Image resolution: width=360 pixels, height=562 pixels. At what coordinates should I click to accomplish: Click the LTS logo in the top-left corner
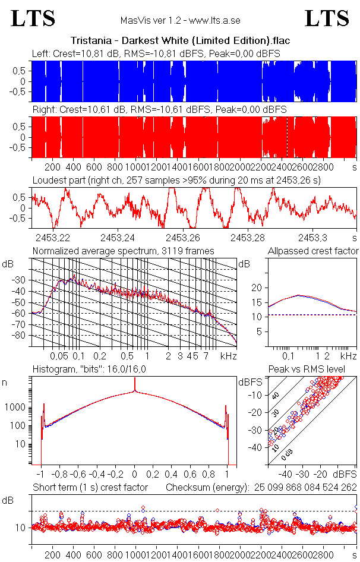pyautogui.click(x=33, y=18)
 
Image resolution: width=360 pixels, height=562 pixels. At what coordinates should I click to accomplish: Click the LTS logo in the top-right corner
pyautogui.click(x=327, y=18)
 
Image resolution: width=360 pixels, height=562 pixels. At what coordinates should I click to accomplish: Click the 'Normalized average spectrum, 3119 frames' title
pyautogui.click(x=123, y=251)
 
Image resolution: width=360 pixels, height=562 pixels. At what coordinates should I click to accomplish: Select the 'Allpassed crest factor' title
pyautogui.click(x=313, y=251)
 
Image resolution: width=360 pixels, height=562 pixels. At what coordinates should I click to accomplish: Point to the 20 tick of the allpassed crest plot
pyautogui.click(x=257, y=288)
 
